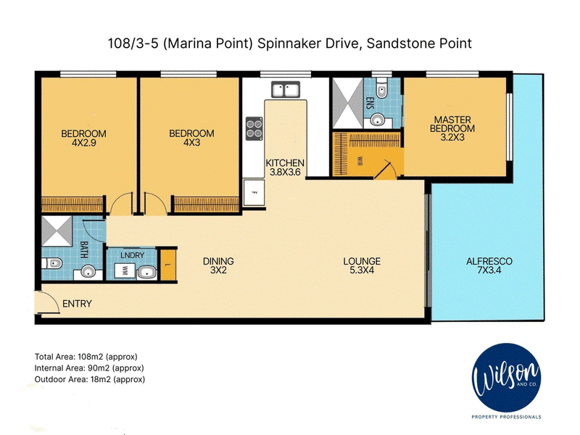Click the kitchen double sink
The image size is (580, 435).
(x=286, y=89)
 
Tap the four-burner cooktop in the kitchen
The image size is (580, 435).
(x=254, y=128)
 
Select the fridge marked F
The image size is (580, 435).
(x=254, y=192)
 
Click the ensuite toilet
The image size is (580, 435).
(x=381, y=88)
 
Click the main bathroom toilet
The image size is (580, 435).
(x=51, y=264)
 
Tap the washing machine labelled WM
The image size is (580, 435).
(x=125, y=269)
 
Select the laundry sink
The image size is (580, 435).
(x=148, y=273)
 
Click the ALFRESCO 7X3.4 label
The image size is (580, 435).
(x=489, y=265)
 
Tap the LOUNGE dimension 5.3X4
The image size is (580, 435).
(x=362, y=270)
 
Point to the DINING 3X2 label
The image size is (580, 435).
(x=218, y=265)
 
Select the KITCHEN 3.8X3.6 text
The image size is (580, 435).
(x=285, y=167)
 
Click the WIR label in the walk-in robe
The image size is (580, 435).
(x=360, y=161)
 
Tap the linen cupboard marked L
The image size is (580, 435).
(x=168, y=265)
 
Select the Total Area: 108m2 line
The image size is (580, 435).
(x=86, y=357)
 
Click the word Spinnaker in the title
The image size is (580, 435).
(x=289, y=43)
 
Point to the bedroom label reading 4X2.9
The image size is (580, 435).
(x=84, y=143)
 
